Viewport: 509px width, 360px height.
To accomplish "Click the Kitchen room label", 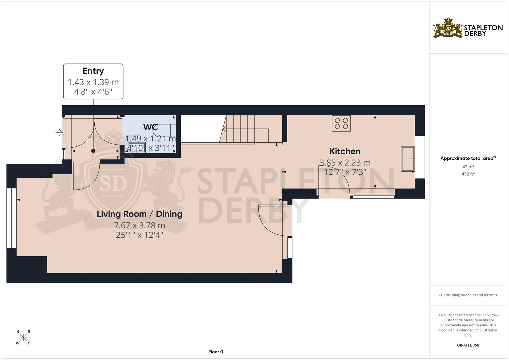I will tap(345, 151).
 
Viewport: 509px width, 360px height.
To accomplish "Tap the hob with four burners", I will tap(341, 123).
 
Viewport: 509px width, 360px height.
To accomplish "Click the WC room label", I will tap(150, 127).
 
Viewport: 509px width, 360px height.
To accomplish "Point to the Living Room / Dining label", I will tap(139, 214).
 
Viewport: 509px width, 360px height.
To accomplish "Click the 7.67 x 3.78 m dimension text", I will tap(139, 226).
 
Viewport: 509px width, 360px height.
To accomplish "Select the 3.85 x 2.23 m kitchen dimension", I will tap(345, 163).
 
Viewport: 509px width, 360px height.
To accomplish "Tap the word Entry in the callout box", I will tap(93, 71).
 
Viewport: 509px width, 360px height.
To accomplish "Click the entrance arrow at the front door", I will tap(59, 133).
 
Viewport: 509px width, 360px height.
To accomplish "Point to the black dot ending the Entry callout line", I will tap(93, 151).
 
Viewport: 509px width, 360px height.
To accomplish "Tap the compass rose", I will tap(23, 337).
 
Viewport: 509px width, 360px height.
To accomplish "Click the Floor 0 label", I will tap(215, 352).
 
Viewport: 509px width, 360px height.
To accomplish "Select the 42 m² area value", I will tap(468, 167).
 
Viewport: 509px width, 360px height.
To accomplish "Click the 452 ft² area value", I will tap(468, 174).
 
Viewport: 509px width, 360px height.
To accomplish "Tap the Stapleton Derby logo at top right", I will tap(468, 28).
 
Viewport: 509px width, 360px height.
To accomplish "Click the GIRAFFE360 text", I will tap(468, 345).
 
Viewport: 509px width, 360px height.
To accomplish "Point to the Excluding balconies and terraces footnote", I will tap(468, 295).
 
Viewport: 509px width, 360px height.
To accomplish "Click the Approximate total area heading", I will tap(468, 158).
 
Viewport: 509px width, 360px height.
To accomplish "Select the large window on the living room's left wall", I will tap(12, 218).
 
